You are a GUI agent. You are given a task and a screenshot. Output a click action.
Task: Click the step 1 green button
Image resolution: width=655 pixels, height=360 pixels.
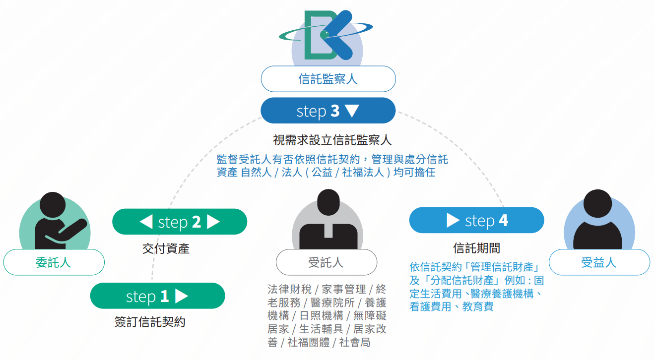[157, 296]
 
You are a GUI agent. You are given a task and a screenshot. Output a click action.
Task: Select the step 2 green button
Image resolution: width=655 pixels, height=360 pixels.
[180, 222]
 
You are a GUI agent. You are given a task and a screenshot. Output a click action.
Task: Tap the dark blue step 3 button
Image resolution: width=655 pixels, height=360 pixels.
[328, 111]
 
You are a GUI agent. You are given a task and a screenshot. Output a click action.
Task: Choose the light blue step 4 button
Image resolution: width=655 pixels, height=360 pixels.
[476, 220]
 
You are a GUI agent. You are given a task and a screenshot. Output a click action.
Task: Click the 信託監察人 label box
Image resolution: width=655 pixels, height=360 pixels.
[328, 79]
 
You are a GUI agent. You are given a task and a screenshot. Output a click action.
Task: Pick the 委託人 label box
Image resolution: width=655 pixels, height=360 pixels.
[54, 262]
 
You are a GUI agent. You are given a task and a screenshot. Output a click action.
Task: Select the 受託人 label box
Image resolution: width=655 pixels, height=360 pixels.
[326, 262]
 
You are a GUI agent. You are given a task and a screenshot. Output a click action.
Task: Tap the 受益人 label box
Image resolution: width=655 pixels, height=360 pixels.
[599, 262]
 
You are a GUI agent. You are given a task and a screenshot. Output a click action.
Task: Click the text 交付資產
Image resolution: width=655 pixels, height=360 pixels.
[166, 248]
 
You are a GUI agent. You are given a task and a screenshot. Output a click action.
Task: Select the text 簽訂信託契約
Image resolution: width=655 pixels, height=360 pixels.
[150, 322]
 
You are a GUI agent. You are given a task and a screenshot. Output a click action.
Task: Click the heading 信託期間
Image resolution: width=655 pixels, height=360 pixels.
[476, 248]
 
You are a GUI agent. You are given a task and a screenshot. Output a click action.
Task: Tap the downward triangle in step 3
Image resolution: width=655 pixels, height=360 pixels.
[351, 111]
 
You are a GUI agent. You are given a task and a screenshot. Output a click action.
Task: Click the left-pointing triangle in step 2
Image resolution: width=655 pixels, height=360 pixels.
[146, 222]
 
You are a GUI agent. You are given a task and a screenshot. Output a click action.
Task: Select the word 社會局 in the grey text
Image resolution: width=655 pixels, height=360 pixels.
[354, 343]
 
